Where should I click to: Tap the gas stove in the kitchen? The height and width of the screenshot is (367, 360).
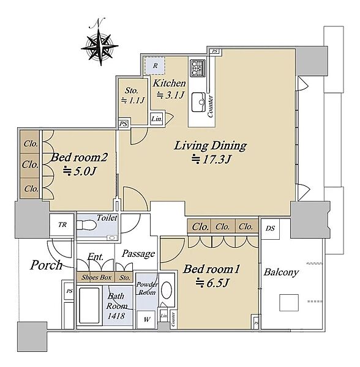pyautogui.click(x=198, y=68)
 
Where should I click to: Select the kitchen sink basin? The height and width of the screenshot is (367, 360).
pyautogui.click(x=198, y=102)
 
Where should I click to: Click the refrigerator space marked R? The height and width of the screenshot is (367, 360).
pyautogui.click(x=155, y=66)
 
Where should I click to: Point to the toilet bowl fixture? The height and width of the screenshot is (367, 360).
pyautogui.click(x=87, y=225)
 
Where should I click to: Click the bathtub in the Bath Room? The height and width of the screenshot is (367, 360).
pyautogui.click(x=89, y=305)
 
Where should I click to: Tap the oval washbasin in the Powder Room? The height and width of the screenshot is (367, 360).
pyautogui.click(x=167, y=290)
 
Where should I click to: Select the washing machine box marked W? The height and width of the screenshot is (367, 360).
pyautogui.click(x=146, y=319)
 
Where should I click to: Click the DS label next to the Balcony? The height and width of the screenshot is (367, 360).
pyautogui.click(x=270, y=229)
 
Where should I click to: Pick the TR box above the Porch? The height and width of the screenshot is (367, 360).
pyautogui.click(x=62, y=225)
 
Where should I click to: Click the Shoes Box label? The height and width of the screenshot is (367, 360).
pyautogui.click(x=96, y=278)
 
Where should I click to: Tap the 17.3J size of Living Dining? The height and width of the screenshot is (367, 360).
pyautogui.click(x=211, y=160)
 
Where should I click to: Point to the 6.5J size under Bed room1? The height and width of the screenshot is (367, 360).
pyautogui.click(x=212, y=283)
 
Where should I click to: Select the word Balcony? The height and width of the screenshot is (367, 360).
pyautogui.click(x=281, y=272)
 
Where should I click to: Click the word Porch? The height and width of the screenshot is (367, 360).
pyautogui.click(x=47, y=265)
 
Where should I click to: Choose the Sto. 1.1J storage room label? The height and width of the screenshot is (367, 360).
pyautogui.click(x=133, y=95)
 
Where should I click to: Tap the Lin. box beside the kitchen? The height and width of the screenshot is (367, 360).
pyautogui.click(x=157, y=119)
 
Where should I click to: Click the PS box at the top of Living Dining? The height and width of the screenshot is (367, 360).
pyautogui.click(x=215, y=51)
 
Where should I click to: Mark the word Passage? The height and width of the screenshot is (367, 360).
pyautogui.click(x=138, y=254)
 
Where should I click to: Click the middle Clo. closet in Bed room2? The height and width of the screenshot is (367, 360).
pyautogui.click(x=30, y=165)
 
